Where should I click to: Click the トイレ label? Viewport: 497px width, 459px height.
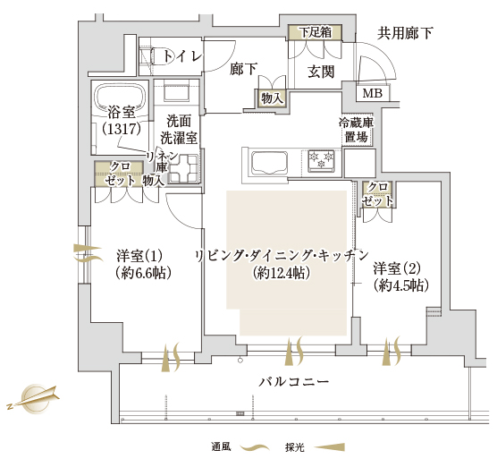pos(182,56)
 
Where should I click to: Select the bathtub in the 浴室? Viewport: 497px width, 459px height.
pos(121,97)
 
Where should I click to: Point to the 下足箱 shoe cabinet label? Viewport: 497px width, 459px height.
pos(316,32)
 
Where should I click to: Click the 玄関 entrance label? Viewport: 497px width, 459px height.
pos(321,72)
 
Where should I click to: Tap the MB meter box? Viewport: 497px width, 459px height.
pos(373,93)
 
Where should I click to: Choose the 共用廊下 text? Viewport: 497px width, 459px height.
pos(405,33)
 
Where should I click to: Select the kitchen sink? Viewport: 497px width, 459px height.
pos(269,163)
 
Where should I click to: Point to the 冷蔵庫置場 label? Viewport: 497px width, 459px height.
pos(357,130)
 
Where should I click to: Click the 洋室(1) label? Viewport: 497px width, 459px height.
pos(139,256)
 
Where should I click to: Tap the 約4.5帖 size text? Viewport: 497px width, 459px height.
pos(401,286)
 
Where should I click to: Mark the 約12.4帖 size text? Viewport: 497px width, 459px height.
pos(282,273)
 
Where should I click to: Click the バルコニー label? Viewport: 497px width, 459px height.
pos(294,381)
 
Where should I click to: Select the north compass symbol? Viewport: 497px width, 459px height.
pos(34,398)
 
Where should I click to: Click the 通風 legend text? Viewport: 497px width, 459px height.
pos(221,447)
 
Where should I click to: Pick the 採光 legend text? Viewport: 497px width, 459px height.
pos(294,447)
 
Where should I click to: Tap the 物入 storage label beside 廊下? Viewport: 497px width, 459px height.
pos(272,98)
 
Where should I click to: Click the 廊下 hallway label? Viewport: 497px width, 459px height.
pos(243,69)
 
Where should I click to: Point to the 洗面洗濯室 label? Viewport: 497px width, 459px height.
pos(179,130)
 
